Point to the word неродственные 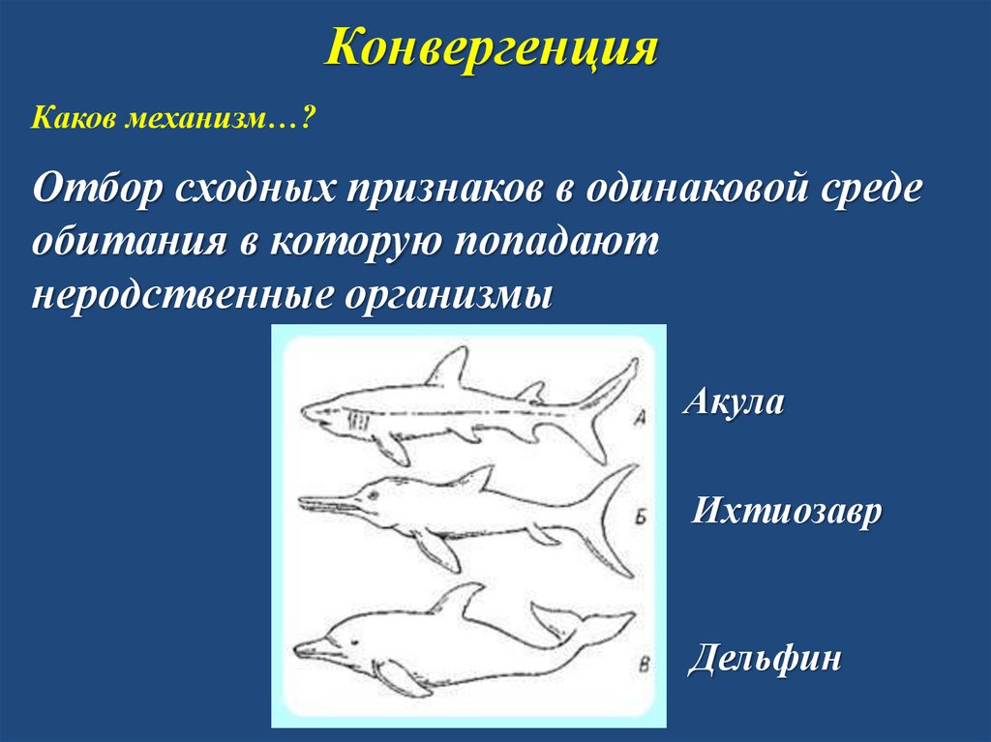click(175, 291)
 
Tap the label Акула click(733, 401)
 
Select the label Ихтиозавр click(787, 510)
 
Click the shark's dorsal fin click(446, 369)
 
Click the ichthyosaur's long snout click(329, 502)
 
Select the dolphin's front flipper click(400, 675)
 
